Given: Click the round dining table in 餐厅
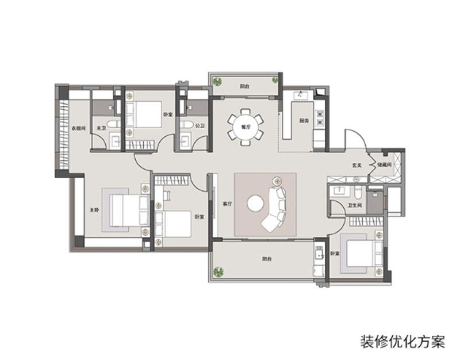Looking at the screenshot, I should click(246, 126).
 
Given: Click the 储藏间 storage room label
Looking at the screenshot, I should click(384, 165).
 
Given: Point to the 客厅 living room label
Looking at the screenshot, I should click(227, 204).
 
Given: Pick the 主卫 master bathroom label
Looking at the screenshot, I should click(101, 128).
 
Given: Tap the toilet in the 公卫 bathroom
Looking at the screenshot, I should click(185, 124).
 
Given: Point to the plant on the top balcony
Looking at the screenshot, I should click(218, 81).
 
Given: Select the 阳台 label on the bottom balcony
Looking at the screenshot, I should click(267, 259).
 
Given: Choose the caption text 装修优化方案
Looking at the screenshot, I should click(402, 342).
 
